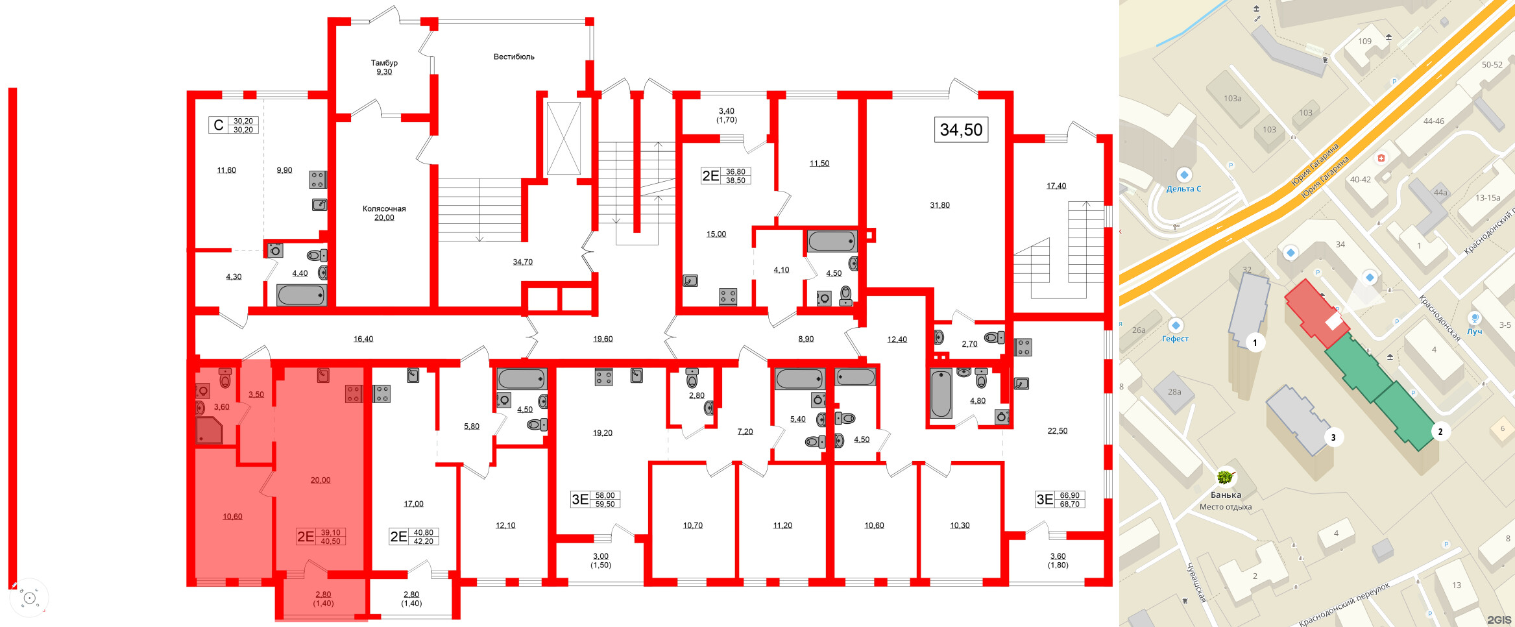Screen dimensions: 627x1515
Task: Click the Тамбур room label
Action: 384,63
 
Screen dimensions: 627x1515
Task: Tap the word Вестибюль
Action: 514,56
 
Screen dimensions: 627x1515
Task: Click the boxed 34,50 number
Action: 961,130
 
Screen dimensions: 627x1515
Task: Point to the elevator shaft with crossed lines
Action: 563,138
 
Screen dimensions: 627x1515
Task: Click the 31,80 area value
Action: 939,205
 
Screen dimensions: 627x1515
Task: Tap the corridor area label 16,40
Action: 363,339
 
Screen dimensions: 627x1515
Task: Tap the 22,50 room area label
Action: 1057,430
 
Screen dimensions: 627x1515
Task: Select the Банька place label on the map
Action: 1225,495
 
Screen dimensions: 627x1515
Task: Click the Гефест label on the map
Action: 1175,339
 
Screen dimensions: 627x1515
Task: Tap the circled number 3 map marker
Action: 1333,437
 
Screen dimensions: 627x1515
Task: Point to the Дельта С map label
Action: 1183,189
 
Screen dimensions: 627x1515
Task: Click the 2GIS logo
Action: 1499,619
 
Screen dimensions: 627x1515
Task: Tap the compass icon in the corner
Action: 29,598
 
